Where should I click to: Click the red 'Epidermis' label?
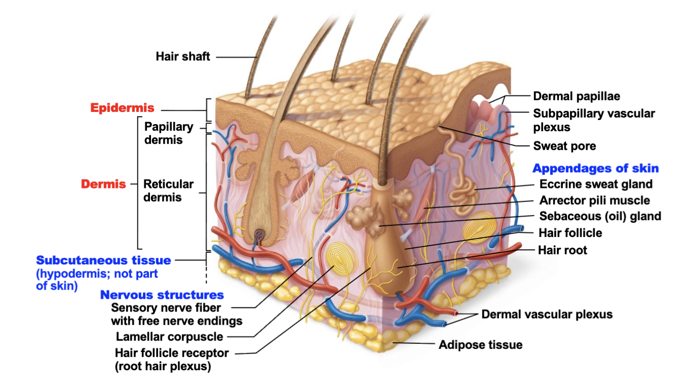(122, 108)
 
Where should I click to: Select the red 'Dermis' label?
(103, 184)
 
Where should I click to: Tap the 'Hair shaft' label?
(182, 56)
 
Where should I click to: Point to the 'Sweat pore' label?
(564, 146)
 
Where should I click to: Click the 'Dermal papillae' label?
(577, 96)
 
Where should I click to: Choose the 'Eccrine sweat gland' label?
(596, 184)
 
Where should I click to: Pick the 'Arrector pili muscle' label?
(594, 201)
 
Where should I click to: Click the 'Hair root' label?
(562, 250)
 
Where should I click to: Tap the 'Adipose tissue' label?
(480, 345)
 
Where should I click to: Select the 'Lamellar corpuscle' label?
(169, 336)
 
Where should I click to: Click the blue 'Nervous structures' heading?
(162, 295)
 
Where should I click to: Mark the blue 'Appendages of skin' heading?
(595, 169)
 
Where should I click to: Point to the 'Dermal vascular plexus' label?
(547, 315)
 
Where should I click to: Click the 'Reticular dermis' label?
(168, 190)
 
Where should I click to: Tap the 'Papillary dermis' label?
(169, 133)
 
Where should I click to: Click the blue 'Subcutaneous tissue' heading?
(103, 260)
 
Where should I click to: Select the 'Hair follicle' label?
(570, 233)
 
